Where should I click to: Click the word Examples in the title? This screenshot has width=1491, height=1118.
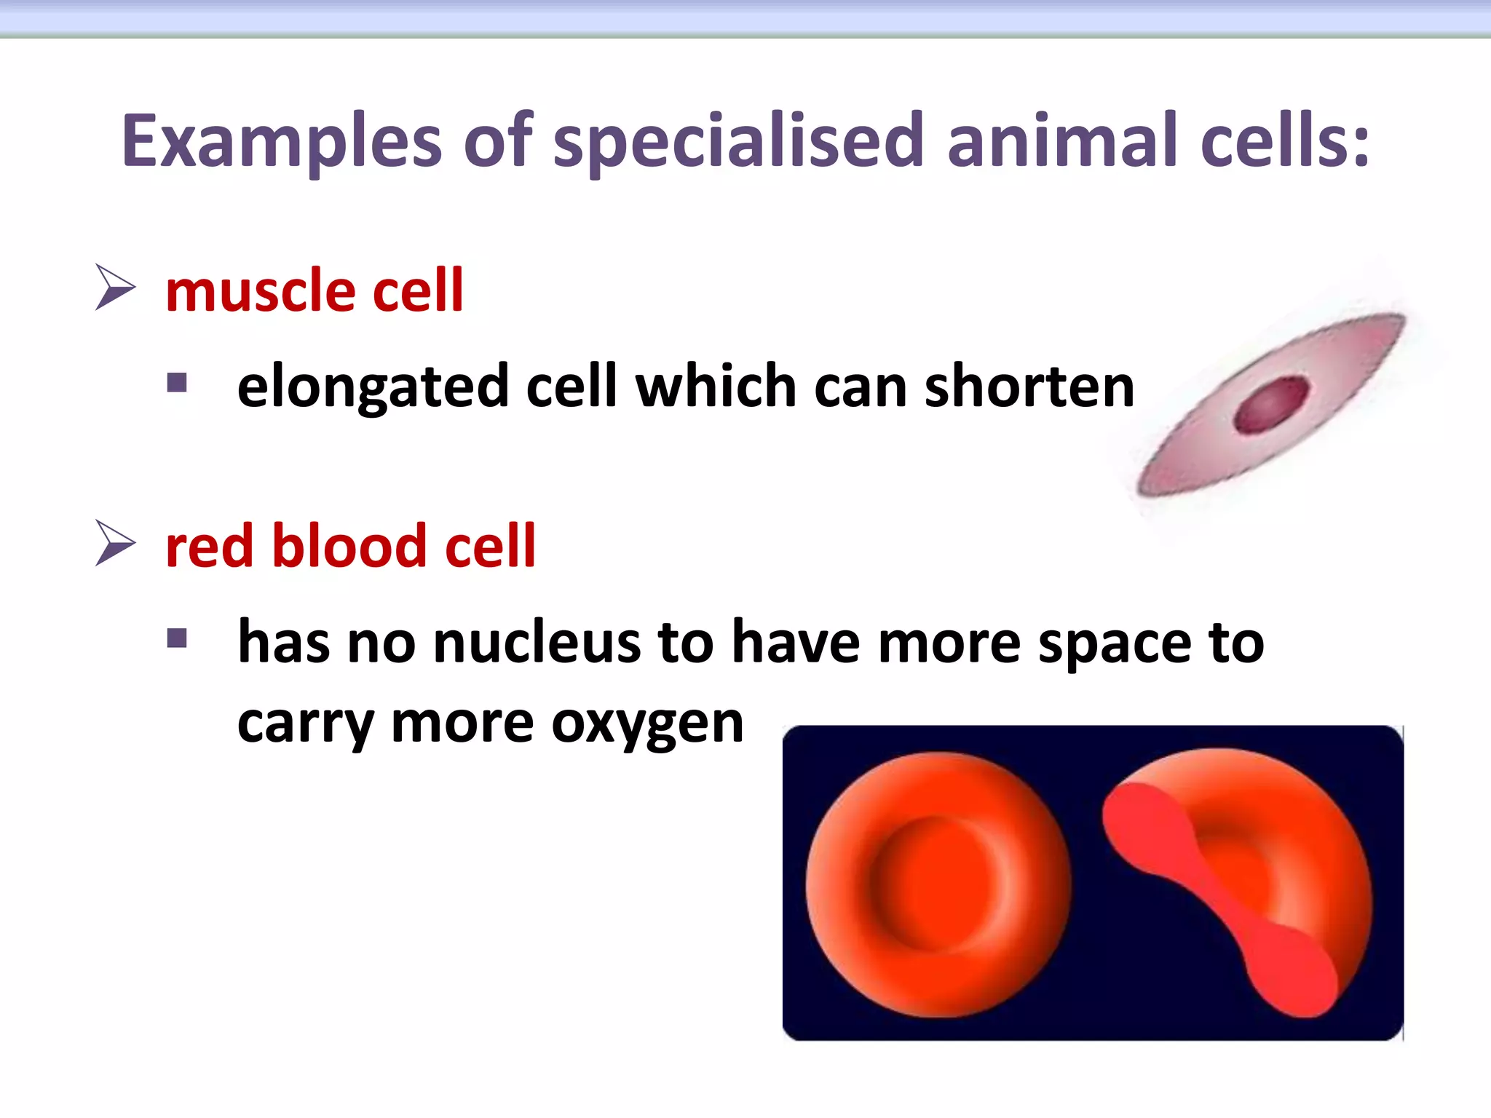coord(281,141)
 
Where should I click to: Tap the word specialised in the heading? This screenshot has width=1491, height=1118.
coord(738,141)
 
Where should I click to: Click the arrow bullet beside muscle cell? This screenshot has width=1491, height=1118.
coord(115,288)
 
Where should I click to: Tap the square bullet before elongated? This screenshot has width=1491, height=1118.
coord(177,383)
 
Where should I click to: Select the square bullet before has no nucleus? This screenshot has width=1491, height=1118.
coord(177,638)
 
